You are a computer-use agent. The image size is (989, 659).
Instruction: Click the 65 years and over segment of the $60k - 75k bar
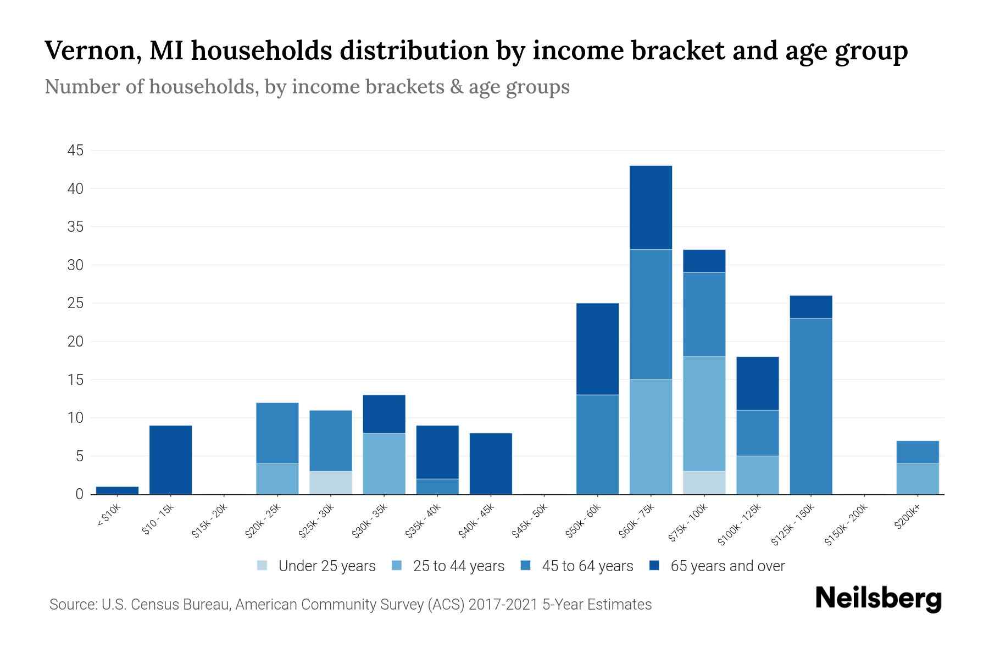click(x=651, y=208)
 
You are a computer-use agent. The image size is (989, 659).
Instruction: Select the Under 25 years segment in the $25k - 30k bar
click(x=331, y=483)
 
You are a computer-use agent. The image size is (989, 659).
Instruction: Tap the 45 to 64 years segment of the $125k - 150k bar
click(x=811, y=406)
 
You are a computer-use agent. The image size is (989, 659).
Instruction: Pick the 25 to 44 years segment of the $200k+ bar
click(x=918, y=479)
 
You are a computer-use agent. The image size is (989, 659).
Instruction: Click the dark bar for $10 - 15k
click(x=170, y=460)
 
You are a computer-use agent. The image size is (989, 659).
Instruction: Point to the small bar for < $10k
click(x=117, y=490)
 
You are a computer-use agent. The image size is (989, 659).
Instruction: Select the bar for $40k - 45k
click(x=491, y=463)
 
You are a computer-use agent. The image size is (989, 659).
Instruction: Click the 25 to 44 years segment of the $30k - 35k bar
click(x=384, y=463)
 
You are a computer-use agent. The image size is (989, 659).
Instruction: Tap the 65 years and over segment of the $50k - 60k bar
click(x=597, y=349)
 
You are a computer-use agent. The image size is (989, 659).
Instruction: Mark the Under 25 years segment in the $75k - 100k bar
click(x=704, y=483)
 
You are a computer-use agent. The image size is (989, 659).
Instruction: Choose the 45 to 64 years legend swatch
click(x=526, y=566)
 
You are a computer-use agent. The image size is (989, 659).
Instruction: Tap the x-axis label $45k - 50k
click(x=530, y=522)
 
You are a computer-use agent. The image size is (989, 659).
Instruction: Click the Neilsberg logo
click(x=878, y=599)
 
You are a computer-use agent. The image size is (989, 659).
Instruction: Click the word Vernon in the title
click(x=91, y=51)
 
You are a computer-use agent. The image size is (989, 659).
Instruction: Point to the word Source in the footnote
click(x=71, y=605)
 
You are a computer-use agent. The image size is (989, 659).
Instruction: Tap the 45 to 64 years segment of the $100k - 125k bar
click(x=757, y=433)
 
